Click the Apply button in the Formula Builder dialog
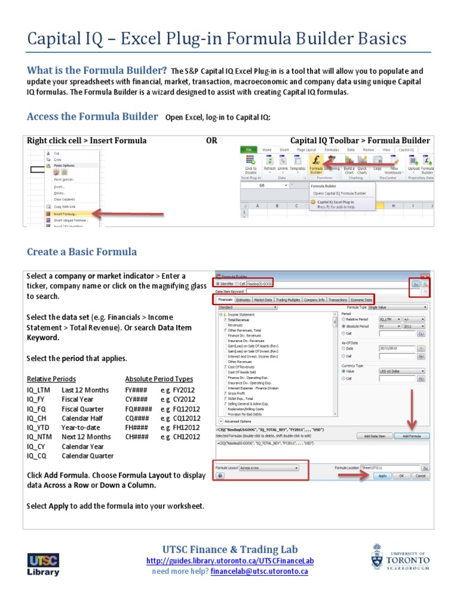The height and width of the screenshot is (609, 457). tap(382, 476)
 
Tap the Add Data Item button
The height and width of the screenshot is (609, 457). tap(374, 436)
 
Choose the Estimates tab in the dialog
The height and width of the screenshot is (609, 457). tap(243, 300)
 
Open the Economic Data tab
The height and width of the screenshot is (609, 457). tap(361, 300)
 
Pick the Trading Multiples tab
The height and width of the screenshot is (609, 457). tap(289, 300)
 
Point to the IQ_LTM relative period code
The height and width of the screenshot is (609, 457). tap(39, 390)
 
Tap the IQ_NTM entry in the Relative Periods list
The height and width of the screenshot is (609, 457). tap(40, 437)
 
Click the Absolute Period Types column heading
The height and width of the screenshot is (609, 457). tap(159, 379)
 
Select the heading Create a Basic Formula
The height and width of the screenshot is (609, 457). tap(82, 252)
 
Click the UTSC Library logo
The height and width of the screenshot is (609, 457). tap(43, 564)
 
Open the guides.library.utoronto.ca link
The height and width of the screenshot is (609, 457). tap(230, 561)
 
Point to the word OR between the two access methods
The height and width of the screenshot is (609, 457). tap(211, 140)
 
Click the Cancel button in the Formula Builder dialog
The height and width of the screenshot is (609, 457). tap(420, 476)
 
